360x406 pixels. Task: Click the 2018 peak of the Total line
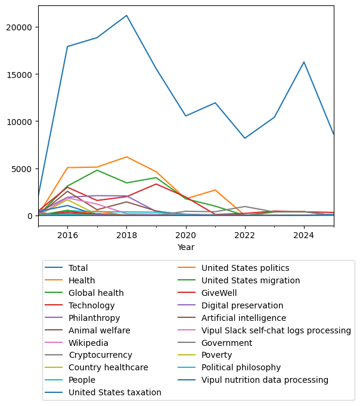coord(126,15)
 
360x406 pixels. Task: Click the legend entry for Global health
coord(96,293)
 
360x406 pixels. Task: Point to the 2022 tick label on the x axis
coord(245,235)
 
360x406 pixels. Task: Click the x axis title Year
coord(186,247)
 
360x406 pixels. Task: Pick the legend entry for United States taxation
coord(114,392)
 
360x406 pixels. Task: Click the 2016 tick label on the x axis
coord(67,235)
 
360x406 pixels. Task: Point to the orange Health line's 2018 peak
coord(126,157)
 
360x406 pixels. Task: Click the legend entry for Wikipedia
coord(88,343)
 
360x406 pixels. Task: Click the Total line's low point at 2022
coord(245,138)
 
